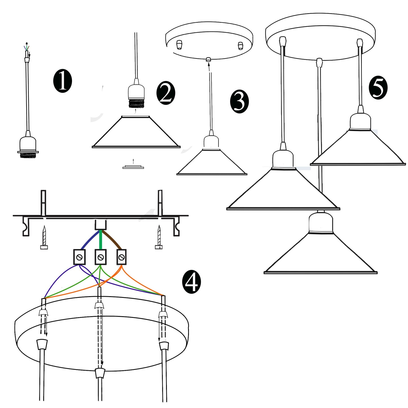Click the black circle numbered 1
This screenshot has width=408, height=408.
(x=62, y=81)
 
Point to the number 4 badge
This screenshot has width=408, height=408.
(x=191, y=282)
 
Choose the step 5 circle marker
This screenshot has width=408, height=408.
(x=378, y=88)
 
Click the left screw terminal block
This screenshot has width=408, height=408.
(x=79, y=257)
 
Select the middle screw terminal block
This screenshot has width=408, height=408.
(x=100, y=257)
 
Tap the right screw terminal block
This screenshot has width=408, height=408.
(x=121, y=257)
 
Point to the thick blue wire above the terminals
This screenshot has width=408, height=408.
(x=89, y=240)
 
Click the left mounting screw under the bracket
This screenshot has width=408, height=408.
(x=44, y=237)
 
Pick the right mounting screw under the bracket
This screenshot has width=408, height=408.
(x=159, y=237)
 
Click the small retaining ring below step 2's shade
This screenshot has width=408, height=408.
(x=133, y=167)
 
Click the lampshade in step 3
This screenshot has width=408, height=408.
(x=212, y=162)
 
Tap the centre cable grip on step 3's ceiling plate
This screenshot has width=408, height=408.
(x=209, y=59)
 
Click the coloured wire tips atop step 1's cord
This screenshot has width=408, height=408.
(x=27, y=47)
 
